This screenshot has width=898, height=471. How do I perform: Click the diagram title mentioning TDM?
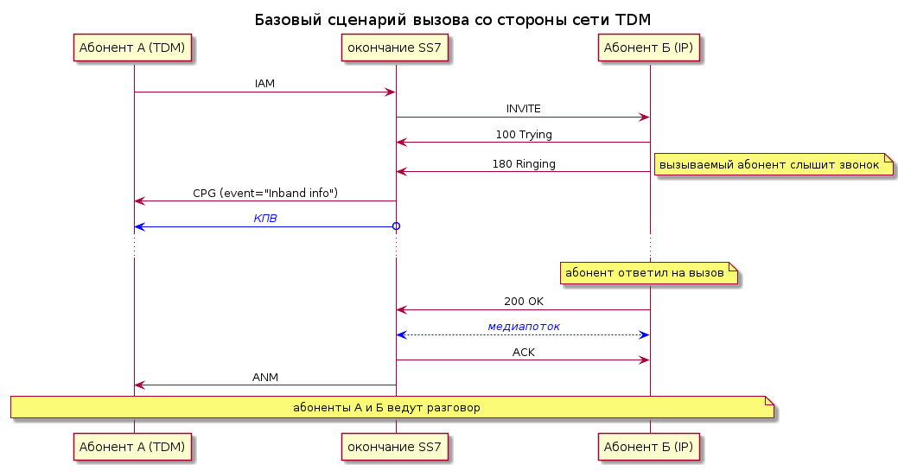click(x=452, y=20)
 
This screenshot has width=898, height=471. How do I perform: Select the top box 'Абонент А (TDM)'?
click(x=132, y=48)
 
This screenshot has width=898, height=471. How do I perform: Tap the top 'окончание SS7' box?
click(x=395, y=48)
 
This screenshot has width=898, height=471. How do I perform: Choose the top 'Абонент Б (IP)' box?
click(x=648, y=48)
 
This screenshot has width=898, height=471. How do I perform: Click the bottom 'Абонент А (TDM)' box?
click(x=132, y=447)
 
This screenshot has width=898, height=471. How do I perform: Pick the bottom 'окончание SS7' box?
click(x=395, y=447)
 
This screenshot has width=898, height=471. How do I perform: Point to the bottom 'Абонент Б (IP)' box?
click(x=648, y=447)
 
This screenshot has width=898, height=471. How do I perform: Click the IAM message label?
click(x=264, y=84)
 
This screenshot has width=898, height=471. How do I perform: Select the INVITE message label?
click(x=524, y=109)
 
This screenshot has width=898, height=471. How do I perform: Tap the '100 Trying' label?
click(x=524, y=135)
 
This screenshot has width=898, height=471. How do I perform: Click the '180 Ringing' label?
click(x=524, y=164)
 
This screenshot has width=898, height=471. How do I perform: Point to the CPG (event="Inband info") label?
click(x=265, y=193)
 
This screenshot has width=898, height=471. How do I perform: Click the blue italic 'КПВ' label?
click(x=265, y=219)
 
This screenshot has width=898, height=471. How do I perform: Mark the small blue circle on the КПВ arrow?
click(x=396, y=226)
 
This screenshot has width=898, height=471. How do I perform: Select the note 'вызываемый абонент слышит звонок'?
click(x=774, y=165)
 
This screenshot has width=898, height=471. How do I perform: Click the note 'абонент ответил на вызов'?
click(x=649, y=273)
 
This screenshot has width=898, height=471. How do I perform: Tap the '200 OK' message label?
click(x=524, y=302)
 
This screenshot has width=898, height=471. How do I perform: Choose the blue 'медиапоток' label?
click(x=524, y=327)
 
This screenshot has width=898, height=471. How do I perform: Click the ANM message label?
click(x=265, y=378)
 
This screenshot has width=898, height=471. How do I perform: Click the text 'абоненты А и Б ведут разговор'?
click(x=386, y=407)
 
